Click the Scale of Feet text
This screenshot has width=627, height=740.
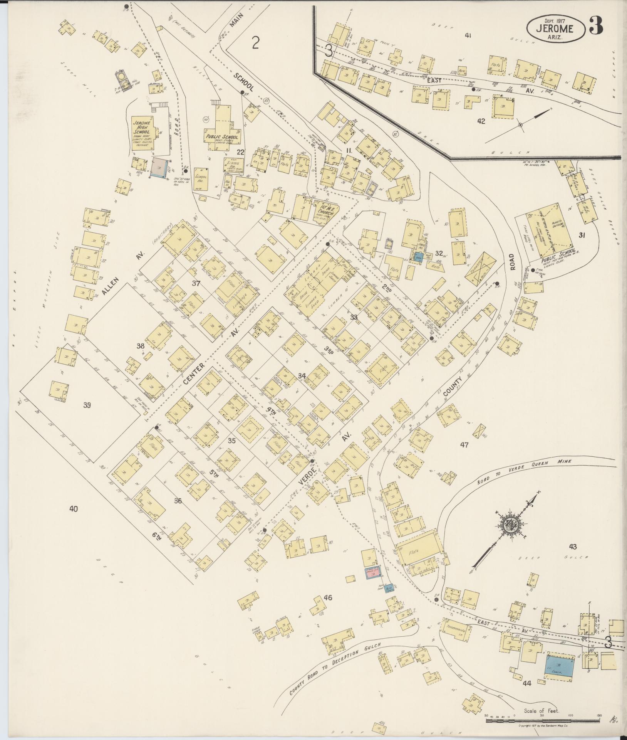coord(541,711)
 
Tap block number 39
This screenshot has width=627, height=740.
coord(87,405)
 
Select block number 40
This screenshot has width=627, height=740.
coord(74,509)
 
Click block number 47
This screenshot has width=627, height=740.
coord(464,445)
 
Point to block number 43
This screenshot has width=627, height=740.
coord(572,547)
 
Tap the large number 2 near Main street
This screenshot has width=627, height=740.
coord(255,43)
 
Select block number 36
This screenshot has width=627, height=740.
coord(178,501)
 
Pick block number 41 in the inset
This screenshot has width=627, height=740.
coord(468,36)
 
